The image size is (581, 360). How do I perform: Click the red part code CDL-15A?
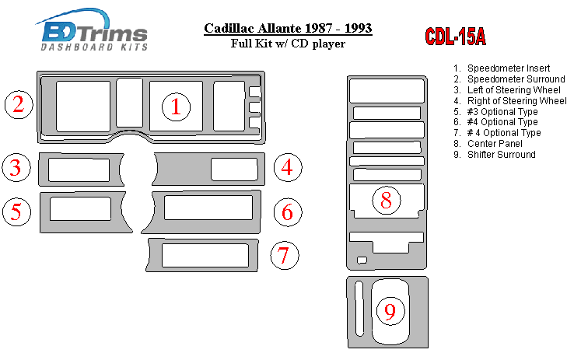[x=455, y=37]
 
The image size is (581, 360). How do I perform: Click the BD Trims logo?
[x=93, y=30]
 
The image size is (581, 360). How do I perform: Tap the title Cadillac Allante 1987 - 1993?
[x=288, y=29]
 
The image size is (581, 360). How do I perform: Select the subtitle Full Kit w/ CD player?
[x=288, y=44]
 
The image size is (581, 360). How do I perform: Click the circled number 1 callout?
[x=176, y=107]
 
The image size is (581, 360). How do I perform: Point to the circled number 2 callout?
[x=19, y=104]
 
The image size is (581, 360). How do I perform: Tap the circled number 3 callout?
[x=16, y=167]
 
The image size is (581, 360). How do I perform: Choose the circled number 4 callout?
[x=288, y=167]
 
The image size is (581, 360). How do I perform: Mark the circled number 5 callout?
[x=16, y=211]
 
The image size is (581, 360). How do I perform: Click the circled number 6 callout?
[x=288, y=212]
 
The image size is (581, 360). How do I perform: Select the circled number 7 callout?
[x=284, y=255]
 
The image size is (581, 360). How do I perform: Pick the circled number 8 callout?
[x=387, y=201]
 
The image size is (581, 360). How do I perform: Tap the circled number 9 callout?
[x=390, y=311]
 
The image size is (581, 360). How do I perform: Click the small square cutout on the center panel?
[x=362, y=260]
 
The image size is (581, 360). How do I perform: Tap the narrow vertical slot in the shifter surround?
[x=359, y=309]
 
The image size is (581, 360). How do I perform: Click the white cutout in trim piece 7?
[x=205, y=255]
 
